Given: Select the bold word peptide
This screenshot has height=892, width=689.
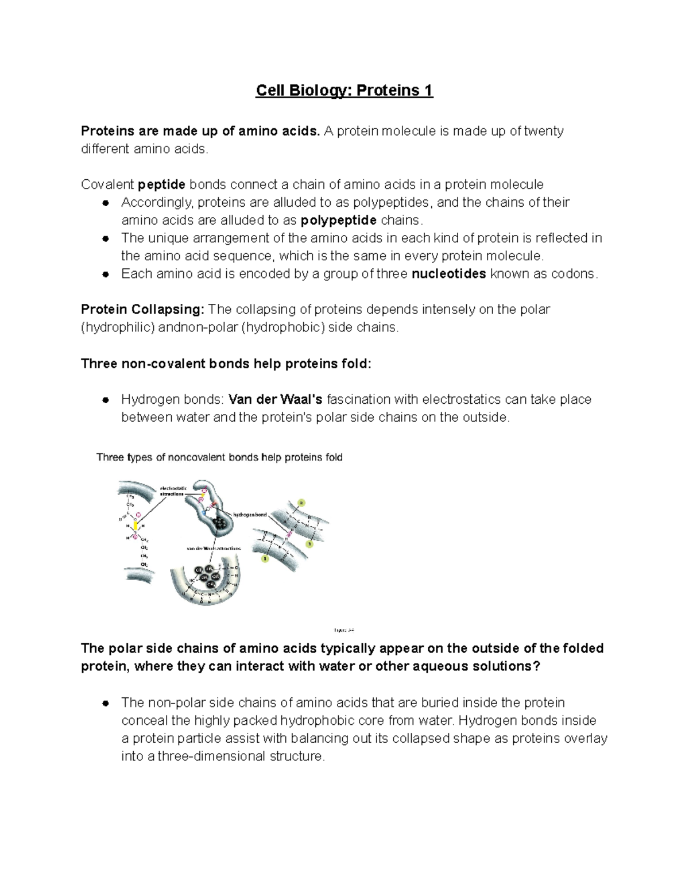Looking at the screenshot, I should click(x=162, y=184).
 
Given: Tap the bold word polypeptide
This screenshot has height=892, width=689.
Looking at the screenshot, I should click(x=339, y=221).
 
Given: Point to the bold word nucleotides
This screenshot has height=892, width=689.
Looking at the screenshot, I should click(x=449, y=274).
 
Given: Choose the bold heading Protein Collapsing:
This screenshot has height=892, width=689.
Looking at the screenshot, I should click(x=142, y=310).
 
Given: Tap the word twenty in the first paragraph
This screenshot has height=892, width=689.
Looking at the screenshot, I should click(x=543, y=131).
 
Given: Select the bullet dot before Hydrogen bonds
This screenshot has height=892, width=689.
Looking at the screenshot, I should click(x=105, y=400).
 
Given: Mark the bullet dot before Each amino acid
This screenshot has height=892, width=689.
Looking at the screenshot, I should click(x=105, y=275).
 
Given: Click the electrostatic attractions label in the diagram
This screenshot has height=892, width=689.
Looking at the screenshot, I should click(x=172, y=491).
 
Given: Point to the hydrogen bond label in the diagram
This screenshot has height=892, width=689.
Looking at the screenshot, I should click(x=250, y=515).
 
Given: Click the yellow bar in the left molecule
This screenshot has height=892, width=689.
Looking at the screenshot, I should click(x=136, y=525).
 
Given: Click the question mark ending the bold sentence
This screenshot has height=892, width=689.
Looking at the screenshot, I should click(x=537, y=667).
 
